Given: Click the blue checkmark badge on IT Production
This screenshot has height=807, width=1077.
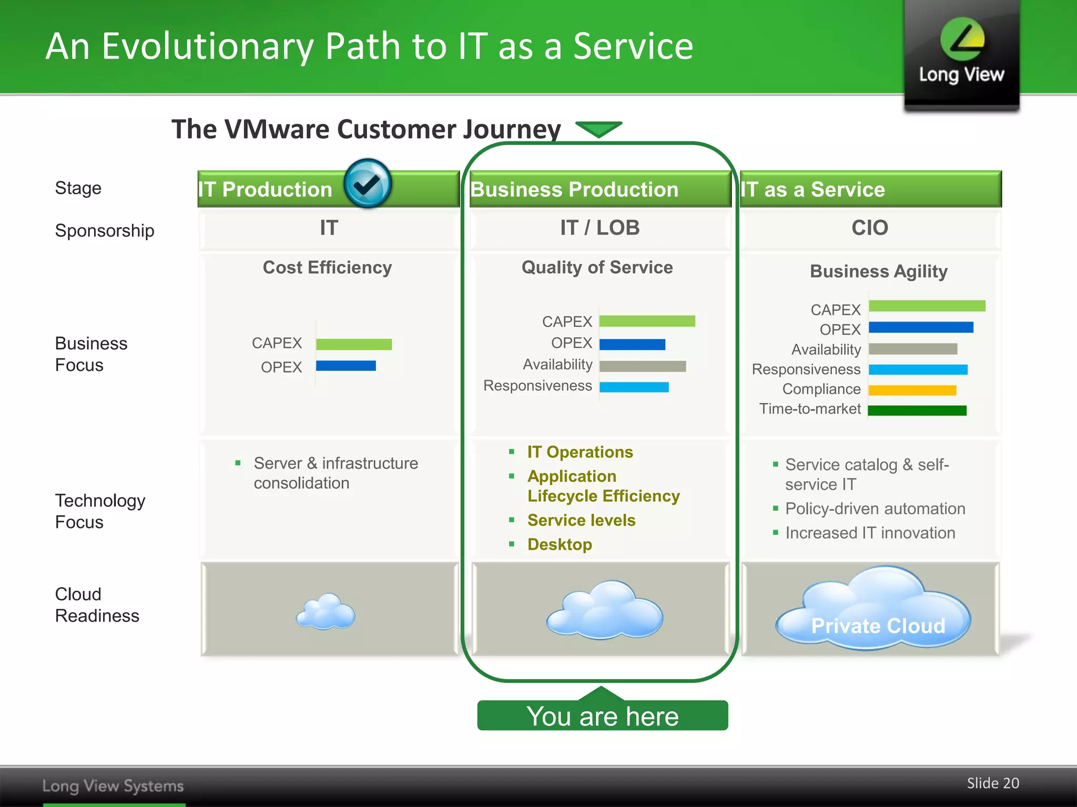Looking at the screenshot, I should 367,183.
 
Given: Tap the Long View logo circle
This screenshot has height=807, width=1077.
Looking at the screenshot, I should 962,39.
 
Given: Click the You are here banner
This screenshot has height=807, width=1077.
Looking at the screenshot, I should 603,716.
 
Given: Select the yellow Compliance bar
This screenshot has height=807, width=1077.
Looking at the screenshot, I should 912,390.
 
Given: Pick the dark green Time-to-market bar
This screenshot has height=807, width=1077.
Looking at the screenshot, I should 917,410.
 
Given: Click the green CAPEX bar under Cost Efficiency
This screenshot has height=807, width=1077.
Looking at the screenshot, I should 354,344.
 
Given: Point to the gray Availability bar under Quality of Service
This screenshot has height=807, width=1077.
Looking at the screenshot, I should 642,366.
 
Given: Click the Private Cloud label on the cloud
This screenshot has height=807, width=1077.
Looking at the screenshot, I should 878,626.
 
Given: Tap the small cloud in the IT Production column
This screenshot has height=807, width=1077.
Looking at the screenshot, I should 326,612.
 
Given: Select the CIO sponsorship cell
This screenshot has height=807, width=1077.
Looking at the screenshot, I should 870,228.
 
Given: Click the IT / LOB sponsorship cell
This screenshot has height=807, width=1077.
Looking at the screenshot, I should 600,228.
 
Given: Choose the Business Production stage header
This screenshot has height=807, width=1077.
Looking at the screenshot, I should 574,190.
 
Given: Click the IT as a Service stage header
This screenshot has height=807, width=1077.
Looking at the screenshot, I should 812,190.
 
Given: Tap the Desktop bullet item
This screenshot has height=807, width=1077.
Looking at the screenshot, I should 560,544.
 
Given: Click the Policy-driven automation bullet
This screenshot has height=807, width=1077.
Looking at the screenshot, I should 875,509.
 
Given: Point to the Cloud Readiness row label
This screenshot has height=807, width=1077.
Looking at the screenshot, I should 97,605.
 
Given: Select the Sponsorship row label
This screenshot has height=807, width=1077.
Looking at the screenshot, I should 104,231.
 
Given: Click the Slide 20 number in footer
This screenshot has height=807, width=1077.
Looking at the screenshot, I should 992,783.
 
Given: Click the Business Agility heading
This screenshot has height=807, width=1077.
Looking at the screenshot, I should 878,271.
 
